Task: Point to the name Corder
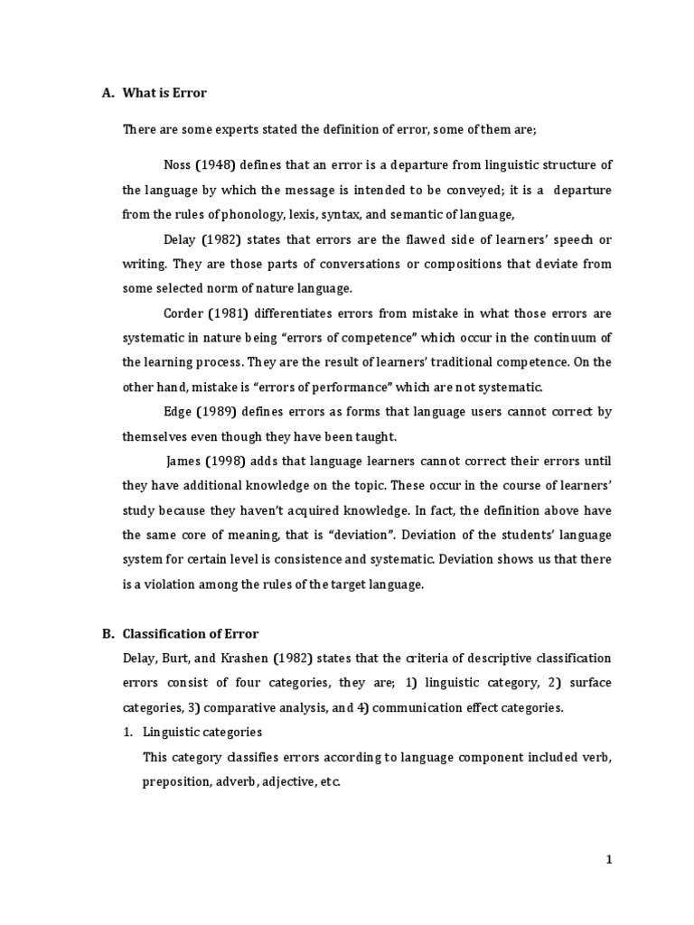point(185,313)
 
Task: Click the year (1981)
point(237,313)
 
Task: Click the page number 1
point(609,861)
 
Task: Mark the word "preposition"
point(175,781)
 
